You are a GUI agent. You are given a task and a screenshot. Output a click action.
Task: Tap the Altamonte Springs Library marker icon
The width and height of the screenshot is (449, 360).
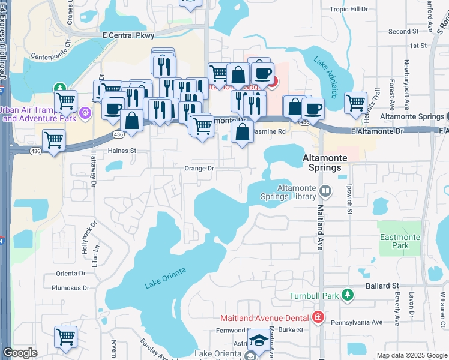(x=325, y=191)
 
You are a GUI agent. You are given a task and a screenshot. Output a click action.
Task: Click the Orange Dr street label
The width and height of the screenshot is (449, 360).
(x=199, y=169)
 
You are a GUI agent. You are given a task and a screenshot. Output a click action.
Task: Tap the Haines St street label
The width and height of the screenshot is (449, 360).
(x=122, y=151)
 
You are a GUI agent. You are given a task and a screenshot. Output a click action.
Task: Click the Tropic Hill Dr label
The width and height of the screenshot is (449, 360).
(x=349, y=9)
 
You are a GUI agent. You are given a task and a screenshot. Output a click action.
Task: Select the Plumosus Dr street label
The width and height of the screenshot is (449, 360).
(x=70, y=288)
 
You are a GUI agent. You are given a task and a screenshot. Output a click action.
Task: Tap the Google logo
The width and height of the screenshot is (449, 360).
(x=20, y=353)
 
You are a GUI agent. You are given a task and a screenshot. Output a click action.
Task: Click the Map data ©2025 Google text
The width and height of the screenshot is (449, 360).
(x=411, y=355)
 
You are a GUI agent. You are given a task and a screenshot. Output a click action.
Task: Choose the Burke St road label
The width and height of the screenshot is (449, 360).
(x=293, y=330)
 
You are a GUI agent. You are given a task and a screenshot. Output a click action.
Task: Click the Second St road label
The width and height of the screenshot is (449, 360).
(x=403, y=31)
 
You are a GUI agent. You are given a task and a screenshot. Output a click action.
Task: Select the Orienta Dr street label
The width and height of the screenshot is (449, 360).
(x=71, y=273)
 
